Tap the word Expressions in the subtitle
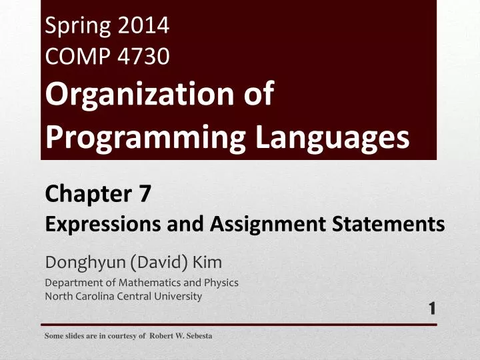pyautogui.click(x=89, y=225)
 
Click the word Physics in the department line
pyautogui.click(x=221, y=282)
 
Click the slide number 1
pyautogui.click(x=432, y=307)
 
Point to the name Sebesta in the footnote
pyautogui.click(x=198, y=336)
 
